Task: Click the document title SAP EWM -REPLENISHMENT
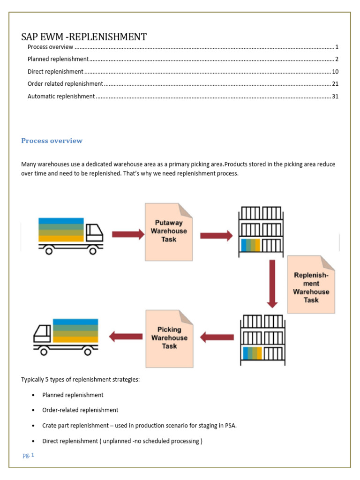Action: click(x=84, y=37)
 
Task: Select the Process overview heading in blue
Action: click(x=52, y=141)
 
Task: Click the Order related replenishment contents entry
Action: click(x=65, y=84)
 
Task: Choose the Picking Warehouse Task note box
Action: click(x=169, y=338)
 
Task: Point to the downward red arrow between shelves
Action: click(x=272, y=284)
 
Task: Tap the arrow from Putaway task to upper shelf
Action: click(x=216, y=235)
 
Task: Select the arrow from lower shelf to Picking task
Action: click(x=217, y=337)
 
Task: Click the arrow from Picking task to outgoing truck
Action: click(x=126, y=336)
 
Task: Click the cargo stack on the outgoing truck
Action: click(x=75, y=330)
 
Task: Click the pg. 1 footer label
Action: click(x=28, y=455)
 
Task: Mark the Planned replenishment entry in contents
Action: click(x=58, y=59)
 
